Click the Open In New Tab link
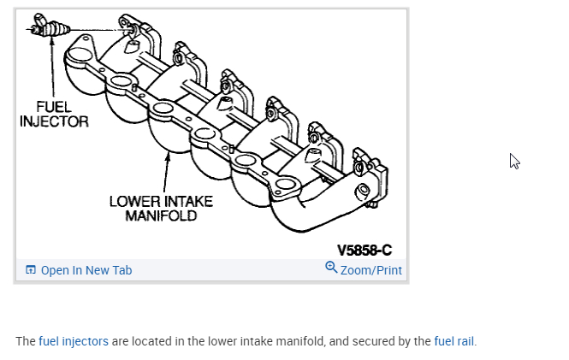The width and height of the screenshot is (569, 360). [x=86, y=270]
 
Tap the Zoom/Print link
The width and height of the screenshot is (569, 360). [x=370, y=270]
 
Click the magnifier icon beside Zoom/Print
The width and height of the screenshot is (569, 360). [x=331, y=268]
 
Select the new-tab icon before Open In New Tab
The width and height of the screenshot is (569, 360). [x=31, y=270]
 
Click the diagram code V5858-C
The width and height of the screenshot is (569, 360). [x=364, y=251]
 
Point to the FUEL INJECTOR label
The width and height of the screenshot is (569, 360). [x=54, y=115]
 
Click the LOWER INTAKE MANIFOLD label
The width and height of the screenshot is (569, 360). [x=161, y=209]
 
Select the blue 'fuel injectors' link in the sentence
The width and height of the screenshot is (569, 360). [x=74, y=341]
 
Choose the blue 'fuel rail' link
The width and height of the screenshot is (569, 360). [x=453, y=341]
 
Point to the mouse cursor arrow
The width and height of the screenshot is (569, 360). [x=513, y=161]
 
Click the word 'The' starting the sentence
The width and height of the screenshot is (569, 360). [x=26, y=341]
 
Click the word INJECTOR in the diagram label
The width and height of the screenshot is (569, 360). [x=54, y=121]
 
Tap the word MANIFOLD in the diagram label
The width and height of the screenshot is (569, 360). [x=161, y=215]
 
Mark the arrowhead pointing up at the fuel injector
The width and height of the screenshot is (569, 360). [x=52, y=40]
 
